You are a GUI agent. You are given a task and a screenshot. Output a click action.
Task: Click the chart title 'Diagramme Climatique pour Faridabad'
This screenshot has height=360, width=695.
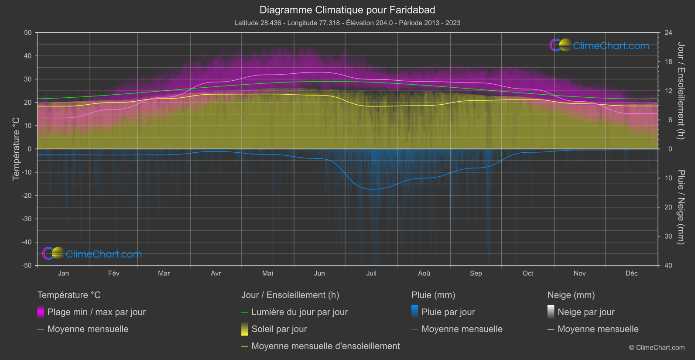point(347,10)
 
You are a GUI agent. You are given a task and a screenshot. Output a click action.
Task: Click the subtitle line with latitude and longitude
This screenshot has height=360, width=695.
point(347,23)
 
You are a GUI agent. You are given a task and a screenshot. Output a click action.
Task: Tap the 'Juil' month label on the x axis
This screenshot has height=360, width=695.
point(371,273)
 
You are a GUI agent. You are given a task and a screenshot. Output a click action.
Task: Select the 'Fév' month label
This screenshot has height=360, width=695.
point(113,273)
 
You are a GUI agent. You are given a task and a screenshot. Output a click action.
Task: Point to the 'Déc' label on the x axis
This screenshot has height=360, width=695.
point(631,273)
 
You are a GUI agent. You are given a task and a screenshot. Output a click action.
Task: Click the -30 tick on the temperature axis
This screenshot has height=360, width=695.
point(27,219)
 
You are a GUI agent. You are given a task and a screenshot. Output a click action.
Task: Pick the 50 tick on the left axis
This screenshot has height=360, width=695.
point(28,33)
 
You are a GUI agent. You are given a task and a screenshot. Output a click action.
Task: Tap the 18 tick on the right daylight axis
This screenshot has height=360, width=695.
point(668,62)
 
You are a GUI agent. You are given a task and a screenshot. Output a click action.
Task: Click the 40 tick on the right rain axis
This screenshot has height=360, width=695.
point(668,265)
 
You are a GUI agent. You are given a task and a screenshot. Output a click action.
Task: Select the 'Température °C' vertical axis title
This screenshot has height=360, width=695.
point(16,149)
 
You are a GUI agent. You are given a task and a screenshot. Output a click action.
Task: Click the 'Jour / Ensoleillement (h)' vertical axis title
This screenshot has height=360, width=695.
point(681,91)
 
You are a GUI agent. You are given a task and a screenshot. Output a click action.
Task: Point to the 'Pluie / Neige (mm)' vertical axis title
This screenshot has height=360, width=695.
point(681,207)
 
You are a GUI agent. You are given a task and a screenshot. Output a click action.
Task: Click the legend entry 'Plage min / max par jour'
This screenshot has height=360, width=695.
point(96,312)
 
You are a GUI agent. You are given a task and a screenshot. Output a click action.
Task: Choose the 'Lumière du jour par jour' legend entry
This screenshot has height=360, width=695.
point(299,312)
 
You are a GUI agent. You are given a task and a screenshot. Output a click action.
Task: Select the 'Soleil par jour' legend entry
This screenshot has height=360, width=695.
point(279,329)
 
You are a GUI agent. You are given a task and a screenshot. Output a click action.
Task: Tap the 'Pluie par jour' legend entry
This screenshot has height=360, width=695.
point(448,312)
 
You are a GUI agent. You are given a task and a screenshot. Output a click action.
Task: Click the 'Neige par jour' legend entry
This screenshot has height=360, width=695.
point(586,312)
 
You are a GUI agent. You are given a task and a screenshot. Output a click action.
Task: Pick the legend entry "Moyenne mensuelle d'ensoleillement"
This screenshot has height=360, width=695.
point(325,346)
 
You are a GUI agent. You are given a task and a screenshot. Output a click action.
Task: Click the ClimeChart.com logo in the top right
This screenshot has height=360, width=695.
point(599,45)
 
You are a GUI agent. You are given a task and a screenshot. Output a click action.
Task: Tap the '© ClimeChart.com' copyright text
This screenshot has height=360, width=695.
point(657,348)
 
